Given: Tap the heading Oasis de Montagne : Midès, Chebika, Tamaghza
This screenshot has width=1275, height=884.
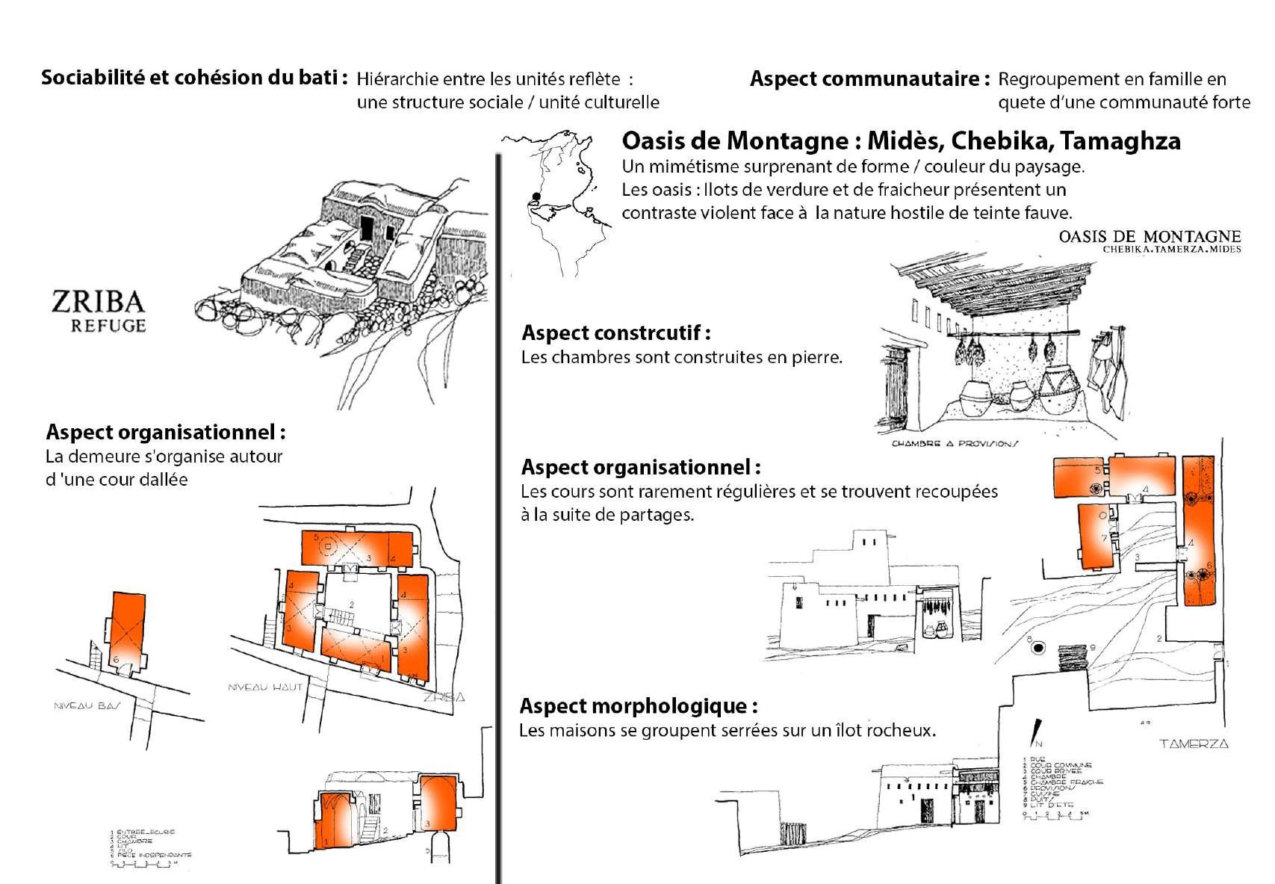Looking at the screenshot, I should click(901, 140).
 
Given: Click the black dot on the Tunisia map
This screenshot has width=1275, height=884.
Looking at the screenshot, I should click(536, 197).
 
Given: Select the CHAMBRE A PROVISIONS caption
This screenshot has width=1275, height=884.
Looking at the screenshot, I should click(955, 444).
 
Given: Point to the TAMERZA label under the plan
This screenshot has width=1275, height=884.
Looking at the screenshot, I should click(1193, 744).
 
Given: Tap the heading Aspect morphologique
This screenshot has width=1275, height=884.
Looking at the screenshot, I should click(639, 706).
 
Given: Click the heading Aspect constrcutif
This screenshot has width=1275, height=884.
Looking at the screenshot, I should click(615, 333).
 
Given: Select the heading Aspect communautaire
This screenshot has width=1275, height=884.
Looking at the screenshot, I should click(870, 78).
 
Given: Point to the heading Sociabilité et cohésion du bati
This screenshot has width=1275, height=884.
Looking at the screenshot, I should click(194, 78).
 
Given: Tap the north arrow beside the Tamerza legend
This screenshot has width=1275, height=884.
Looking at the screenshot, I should click(1036, 732).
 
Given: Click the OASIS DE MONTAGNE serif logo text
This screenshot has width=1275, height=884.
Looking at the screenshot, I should click(1149, 237).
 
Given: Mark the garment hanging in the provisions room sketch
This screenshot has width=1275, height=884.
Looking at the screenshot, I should click(1108, 371).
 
